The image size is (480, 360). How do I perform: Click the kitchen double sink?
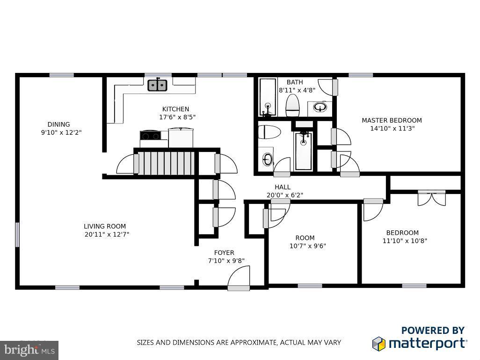tap(158, 85)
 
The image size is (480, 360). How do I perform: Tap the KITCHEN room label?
tap(175, 109)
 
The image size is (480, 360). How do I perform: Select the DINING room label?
tap(58, 124)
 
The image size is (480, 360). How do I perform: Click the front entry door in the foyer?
tap(238, 282)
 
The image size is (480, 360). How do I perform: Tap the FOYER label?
tap(224, 253)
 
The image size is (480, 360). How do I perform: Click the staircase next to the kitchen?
tap(166, 162)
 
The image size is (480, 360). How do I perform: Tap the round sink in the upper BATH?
tap(320, 108)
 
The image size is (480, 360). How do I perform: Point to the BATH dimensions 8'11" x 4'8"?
tap(297, 90)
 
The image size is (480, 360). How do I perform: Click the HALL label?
tap(283, 187)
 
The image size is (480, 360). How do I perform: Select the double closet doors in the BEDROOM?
tap(432, 198)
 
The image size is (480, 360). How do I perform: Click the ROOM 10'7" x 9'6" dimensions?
tap(308, 246)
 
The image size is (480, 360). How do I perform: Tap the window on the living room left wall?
tap(17, 234)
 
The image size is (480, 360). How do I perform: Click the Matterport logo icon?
tap(378, 344)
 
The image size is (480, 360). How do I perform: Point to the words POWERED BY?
tap(433, 331)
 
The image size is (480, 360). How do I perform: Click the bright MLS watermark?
tap(29, 350)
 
